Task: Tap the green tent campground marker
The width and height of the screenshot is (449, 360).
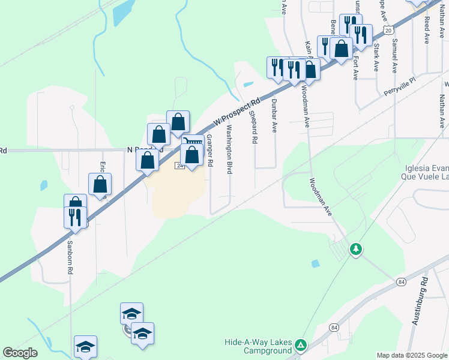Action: (x=301, y=345)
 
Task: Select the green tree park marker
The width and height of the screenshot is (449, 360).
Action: (x=356, y=248)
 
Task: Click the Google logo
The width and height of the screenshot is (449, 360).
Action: (x=20, y=353)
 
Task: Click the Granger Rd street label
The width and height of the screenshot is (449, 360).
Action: (x=210, y=150)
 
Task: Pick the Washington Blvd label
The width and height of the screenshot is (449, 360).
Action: (x=229, y=149)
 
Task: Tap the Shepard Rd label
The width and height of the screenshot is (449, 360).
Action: (x=254, y=127)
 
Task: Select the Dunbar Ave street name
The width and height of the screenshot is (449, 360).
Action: (x=274, y=116)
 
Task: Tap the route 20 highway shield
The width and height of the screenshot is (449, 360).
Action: (x=388, y=29)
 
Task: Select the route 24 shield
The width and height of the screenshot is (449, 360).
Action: (x=179, y=165)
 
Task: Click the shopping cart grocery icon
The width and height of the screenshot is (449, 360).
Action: (x=191, y=142)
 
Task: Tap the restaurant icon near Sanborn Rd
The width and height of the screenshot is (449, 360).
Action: (x=75, y=217)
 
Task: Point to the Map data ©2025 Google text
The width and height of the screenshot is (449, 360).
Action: (x=412, y=355)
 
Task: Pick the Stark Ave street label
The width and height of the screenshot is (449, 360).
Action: (x=376, y=57)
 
